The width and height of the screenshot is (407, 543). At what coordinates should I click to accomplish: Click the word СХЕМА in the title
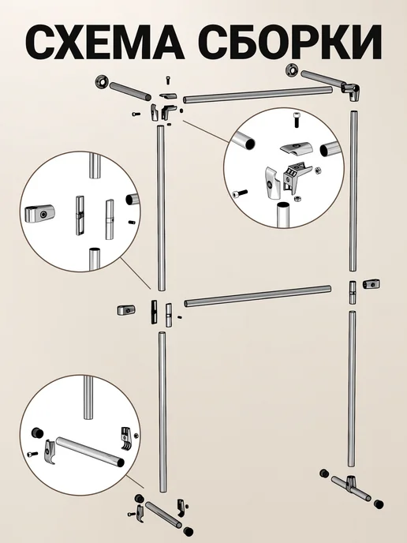coord(104,43)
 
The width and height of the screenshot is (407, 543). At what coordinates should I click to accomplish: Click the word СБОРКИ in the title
coord(289,43)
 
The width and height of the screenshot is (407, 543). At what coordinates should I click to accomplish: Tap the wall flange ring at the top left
coord(102,82)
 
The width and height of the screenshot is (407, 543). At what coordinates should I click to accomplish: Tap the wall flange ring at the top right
coord(293,71)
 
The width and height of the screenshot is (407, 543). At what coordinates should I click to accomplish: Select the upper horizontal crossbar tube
coord(258,95)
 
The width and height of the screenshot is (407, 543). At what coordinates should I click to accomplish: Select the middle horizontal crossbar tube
coord(258,297)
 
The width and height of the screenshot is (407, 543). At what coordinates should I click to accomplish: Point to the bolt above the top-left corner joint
coord(168,79)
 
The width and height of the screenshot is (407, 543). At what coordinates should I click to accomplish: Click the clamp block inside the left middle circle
coord(39,214)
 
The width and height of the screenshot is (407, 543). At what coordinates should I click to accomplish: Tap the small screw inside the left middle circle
coord(131,222)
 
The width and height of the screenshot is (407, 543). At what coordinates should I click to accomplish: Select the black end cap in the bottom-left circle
coord(37,433)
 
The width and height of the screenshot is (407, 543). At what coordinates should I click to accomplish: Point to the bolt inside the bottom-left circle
coord(32,453)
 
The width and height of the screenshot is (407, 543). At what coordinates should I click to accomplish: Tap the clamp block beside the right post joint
coord(372,284)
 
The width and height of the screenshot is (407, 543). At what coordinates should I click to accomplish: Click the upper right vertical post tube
coord(353,191)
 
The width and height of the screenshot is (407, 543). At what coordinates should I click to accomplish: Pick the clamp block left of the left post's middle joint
coord(126,309)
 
